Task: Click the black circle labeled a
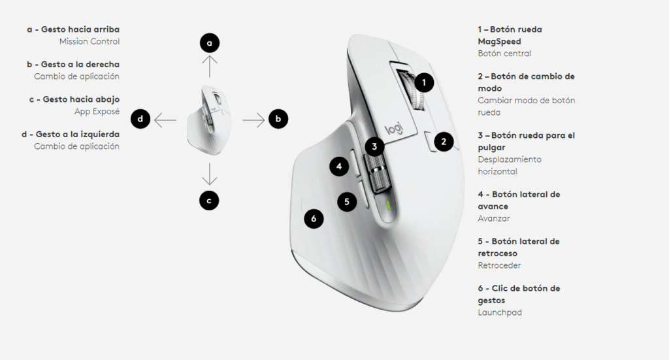[x=210, y=43]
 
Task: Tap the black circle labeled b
[x=278, y=119]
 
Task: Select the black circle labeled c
[x=209, y=201]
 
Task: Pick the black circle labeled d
[x=140, y=119]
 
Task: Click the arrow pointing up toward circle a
[x=210, y=66]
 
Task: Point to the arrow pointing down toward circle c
[x=210, y=174]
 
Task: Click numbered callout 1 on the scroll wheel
[x=423, y=83]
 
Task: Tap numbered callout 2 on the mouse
[x=444, y=142]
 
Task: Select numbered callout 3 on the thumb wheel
[x=374, y=147]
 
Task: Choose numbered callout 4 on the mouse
[x=339, y=167]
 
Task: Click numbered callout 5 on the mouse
[x=347, y=201]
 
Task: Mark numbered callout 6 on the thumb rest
[x=314, y=219]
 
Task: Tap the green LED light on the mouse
[x=388, y=206]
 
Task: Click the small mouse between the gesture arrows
[x=210, y=120]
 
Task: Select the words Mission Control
[x=90, y=41]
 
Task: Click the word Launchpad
[x=500, y=313]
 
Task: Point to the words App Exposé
[x=97, y=112]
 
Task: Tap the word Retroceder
[x=499, y=265]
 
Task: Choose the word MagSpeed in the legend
[x=499, y=42]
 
